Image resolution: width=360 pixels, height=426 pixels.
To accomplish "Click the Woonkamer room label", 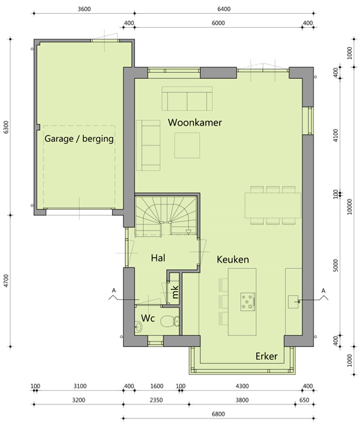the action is (x=195, y=123).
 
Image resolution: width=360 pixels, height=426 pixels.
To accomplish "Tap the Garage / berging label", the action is (x=79, y=139).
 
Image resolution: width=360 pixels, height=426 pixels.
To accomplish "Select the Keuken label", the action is (x=233, y=260).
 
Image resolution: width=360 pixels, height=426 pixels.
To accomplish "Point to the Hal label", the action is (x=158, y=258).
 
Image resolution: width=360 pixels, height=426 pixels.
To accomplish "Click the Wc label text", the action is (x=148, y=318).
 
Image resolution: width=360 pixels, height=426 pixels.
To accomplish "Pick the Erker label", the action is (x=267, y=356).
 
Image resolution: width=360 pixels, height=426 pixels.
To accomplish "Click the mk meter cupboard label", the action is (x=175, y=292).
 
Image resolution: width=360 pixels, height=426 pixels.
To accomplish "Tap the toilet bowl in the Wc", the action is (x=170, y=321).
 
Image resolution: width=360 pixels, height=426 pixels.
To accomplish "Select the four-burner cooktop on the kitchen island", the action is (x=248, y=301).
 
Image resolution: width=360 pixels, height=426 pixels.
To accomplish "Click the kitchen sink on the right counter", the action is (x=294, y=301).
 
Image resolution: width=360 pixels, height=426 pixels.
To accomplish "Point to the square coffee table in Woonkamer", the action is (x=187, y=145).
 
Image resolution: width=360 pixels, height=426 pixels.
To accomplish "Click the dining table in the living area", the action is (x=273, y=206).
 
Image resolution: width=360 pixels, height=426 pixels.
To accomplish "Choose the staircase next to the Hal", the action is (x=166, y=215).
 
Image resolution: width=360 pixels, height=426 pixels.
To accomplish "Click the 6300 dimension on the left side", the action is (x=6, y=127).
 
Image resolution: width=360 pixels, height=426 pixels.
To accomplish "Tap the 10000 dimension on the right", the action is (x=350, y=206).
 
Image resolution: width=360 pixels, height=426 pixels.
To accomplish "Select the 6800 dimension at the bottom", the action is (x=218, y=414).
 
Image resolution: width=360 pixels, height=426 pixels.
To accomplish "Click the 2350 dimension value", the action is (x=156, y=400).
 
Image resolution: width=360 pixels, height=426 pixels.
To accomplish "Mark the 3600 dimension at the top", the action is (x=84, y=9).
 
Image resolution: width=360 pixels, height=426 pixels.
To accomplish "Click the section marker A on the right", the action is (x=323, y=291).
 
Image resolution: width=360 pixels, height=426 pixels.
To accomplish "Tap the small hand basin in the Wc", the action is (x=138, y=326).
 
